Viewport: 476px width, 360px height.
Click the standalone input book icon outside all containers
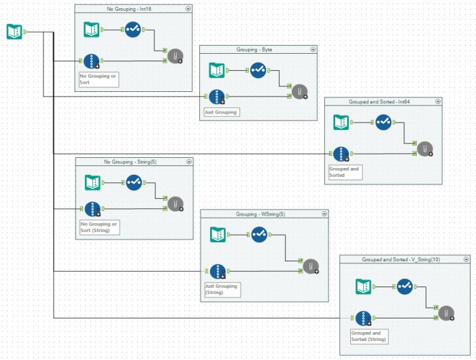14,31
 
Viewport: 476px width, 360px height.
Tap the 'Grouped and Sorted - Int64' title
379,101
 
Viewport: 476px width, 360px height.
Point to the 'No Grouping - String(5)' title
129,161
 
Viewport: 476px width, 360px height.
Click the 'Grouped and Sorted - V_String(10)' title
395,260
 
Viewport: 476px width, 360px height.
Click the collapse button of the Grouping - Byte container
313,50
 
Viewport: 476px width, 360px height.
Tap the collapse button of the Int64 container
438,101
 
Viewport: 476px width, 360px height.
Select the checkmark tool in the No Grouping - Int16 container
133,30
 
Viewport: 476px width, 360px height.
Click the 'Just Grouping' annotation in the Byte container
221,112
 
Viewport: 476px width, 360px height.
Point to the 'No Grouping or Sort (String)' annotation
99,227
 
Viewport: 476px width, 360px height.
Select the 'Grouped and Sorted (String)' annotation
369,336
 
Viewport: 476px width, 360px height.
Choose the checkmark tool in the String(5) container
133,182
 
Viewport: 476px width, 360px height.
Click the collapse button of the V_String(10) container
465,260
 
